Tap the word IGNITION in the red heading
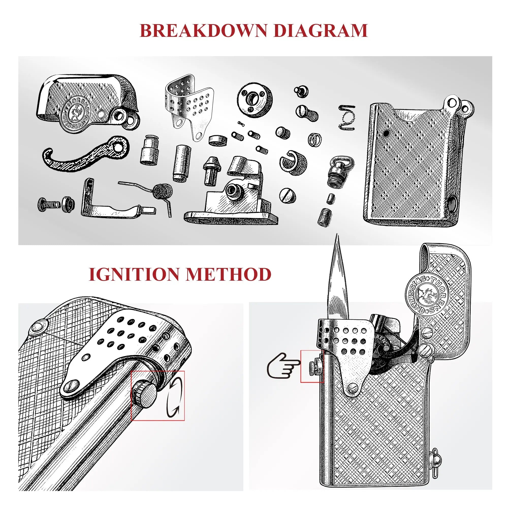(135, 275)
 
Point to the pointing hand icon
(283, 366)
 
